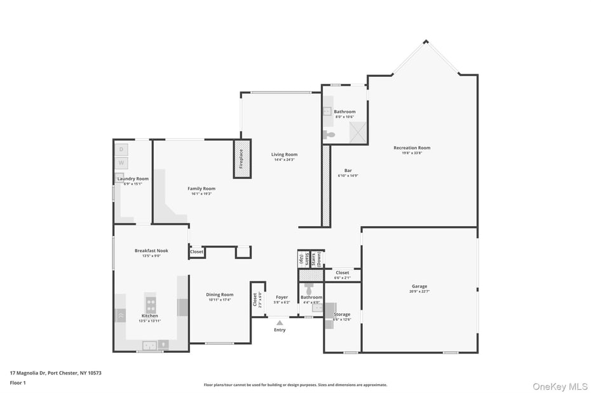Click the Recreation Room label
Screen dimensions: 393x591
[x=412, y=148]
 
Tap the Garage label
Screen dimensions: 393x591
[x=419, y=286]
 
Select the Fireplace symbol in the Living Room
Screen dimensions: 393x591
[x=241, y=159]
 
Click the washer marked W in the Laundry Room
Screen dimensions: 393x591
[x=121, y=163]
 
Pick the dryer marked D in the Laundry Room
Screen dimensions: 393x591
[x=121, y=149]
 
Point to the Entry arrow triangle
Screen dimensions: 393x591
[x=280, y=323]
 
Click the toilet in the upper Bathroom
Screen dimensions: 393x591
[x=329, y=135]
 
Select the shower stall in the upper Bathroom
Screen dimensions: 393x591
[x=358, y=133]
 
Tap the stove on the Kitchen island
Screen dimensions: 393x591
[x=151, y=304]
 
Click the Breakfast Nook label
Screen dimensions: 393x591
[x=151, y=251]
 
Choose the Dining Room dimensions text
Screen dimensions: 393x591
[x=220, y=300]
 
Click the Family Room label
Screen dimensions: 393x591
[x=201, y=189]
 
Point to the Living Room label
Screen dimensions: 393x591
[x=284, y=154]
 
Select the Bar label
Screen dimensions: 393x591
[x=348, y=170]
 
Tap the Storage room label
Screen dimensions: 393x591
[x=342, y=314]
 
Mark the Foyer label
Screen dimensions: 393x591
[x=282, y=297]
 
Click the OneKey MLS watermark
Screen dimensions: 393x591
[x=559, y=386]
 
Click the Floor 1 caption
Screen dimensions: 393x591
[x=18, y=383]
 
